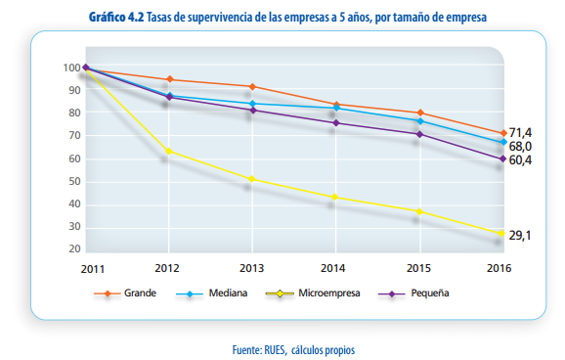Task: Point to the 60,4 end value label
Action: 520,159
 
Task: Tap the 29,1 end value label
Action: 520,235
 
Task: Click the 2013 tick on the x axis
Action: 252,267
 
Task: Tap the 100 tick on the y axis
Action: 69,67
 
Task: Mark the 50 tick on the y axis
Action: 72,182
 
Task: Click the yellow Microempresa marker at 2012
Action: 169,151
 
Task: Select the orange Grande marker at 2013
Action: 252,87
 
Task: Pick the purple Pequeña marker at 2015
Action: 419,134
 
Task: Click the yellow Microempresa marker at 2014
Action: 335,197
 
